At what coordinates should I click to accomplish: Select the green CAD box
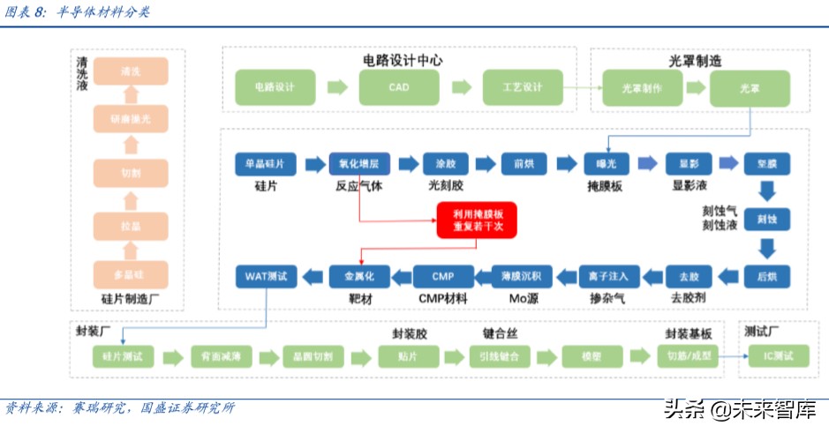coord(398,88)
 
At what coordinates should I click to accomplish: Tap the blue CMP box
coord(443,276)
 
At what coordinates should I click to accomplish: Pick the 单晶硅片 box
coord(265,164)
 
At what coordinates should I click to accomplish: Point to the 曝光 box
coord(606,164)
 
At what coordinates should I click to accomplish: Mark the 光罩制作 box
coord(641,88)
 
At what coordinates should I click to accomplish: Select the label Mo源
coord(524,299)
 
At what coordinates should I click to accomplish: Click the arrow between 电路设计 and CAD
coord(336,87)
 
